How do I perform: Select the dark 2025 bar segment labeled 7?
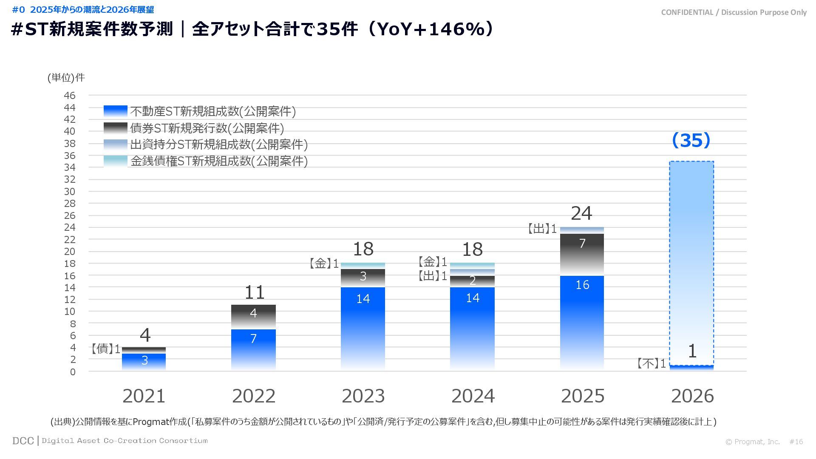coord(582,254)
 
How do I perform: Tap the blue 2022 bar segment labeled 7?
coord(253,348)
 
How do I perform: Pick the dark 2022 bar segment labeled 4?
coord(253,317)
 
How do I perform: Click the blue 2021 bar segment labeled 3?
coord(144,362)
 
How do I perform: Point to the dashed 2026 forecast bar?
coord(691,255)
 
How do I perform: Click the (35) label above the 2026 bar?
coord(691,140)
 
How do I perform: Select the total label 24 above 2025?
coord(581,213)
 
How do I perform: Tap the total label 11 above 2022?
coord(254,292)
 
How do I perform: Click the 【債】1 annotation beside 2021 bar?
coord(105,349)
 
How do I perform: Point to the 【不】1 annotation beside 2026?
coord(651,363)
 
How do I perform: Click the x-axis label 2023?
coord(363,396)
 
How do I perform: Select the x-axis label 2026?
coord(692,396)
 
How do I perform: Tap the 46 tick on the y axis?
coord(70,95)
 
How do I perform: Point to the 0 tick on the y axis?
coord(73,372)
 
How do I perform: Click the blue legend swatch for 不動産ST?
coord(115,111)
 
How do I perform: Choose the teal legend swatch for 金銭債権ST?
coord(115,161)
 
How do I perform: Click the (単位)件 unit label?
coord(66,77)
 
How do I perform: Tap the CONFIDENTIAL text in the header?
coord(687,12)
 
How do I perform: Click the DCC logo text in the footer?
coord(23,441)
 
